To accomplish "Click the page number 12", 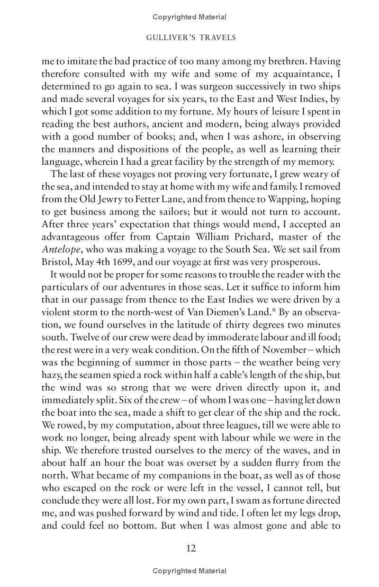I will [x=189, y=549].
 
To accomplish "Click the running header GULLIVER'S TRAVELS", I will [x=189, y=36].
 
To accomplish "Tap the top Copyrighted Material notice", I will [x=189, y=17].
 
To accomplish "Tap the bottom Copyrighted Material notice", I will [x=189, y=571].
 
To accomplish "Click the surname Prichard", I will [x=251, y=237].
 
